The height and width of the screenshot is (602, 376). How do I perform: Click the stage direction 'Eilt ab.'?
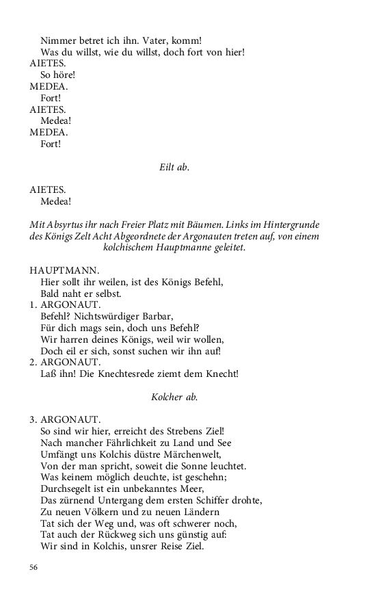(x=174, y=167)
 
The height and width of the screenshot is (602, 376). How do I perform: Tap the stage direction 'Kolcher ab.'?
(x=174, y=397)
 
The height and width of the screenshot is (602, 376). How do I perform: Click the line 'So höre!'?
(x=57, y=75)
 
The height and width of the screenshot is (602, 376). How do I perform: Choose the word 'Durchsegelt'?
(x=68, y=488)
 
